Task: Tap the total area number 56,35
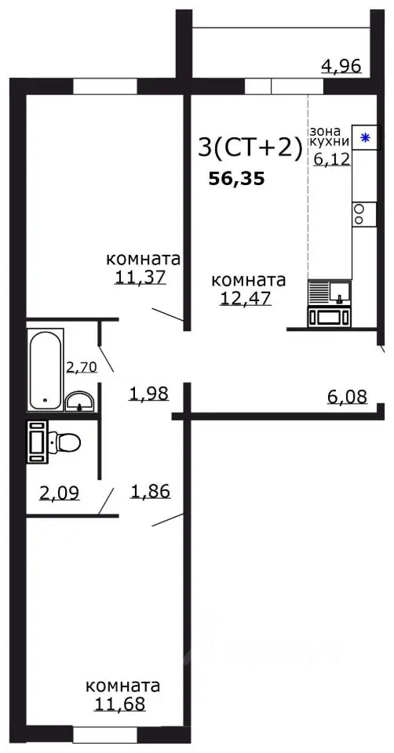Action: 236,179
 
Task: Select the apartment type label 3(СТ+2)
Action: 250,147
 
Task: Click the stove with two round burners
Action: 359,213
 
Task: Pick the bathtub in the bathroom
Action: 46,369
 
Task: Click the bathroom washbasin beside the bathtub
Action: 80,402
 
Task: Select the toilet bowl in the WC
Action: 64,443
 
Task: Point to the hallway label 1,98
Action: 149,394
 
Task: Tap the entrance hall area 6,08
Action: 346,397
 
